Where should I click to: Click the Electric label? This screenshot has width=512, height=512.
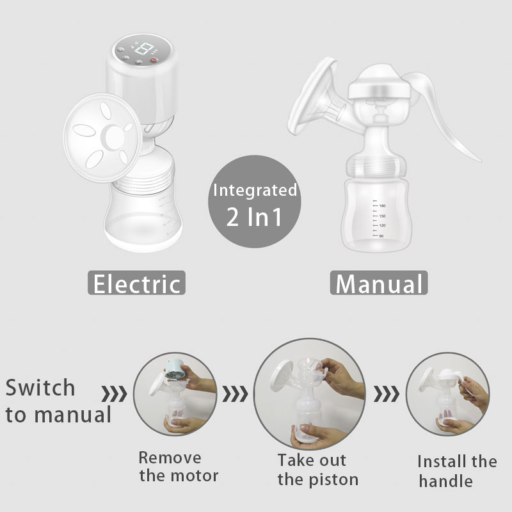(x=136, y=283)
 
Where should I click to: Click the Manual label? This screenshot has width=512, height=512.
(x=379, y=283)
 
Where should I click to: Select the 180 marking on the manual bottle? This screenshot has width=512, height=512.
(x=382, y=205)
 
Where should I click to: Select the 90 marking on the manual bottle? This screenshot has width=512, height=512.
(x=381, y=236)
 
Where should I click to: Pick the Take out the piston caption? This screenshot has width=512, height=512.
(x=317, y=469)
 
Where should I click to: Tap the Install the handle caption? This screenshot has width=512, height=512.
(x=457, y=470)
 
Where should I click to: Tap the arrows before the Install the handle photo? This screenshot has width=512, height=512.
(x=385, y=394)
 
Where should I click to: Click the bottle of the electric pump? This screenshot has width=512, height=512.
(x=141, y=214)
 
